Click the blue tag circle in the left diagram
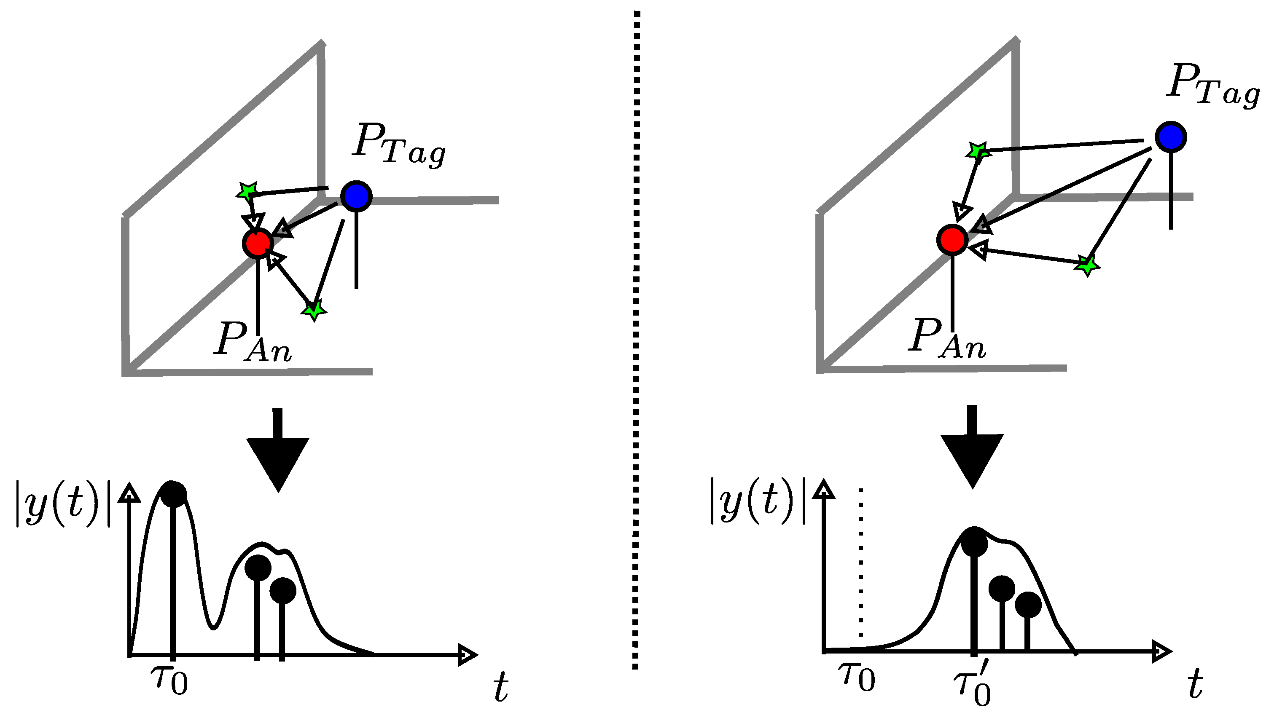tap(356, 196)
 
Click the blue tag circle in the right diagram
tap(1171, 137)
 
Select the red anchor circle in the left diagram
tap(258, 243)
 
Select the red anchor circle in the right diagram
tap(952, 240)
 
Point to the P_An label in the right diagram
tap(947, 339)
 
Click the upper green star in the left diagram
tap(247, 191)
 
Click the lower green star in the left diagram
tap(314, 310)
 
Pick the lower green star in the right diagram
tap(1087, 266)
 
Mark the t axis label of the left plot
tap(500, 689)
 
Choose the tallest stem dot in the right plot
tap(974, 544)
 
